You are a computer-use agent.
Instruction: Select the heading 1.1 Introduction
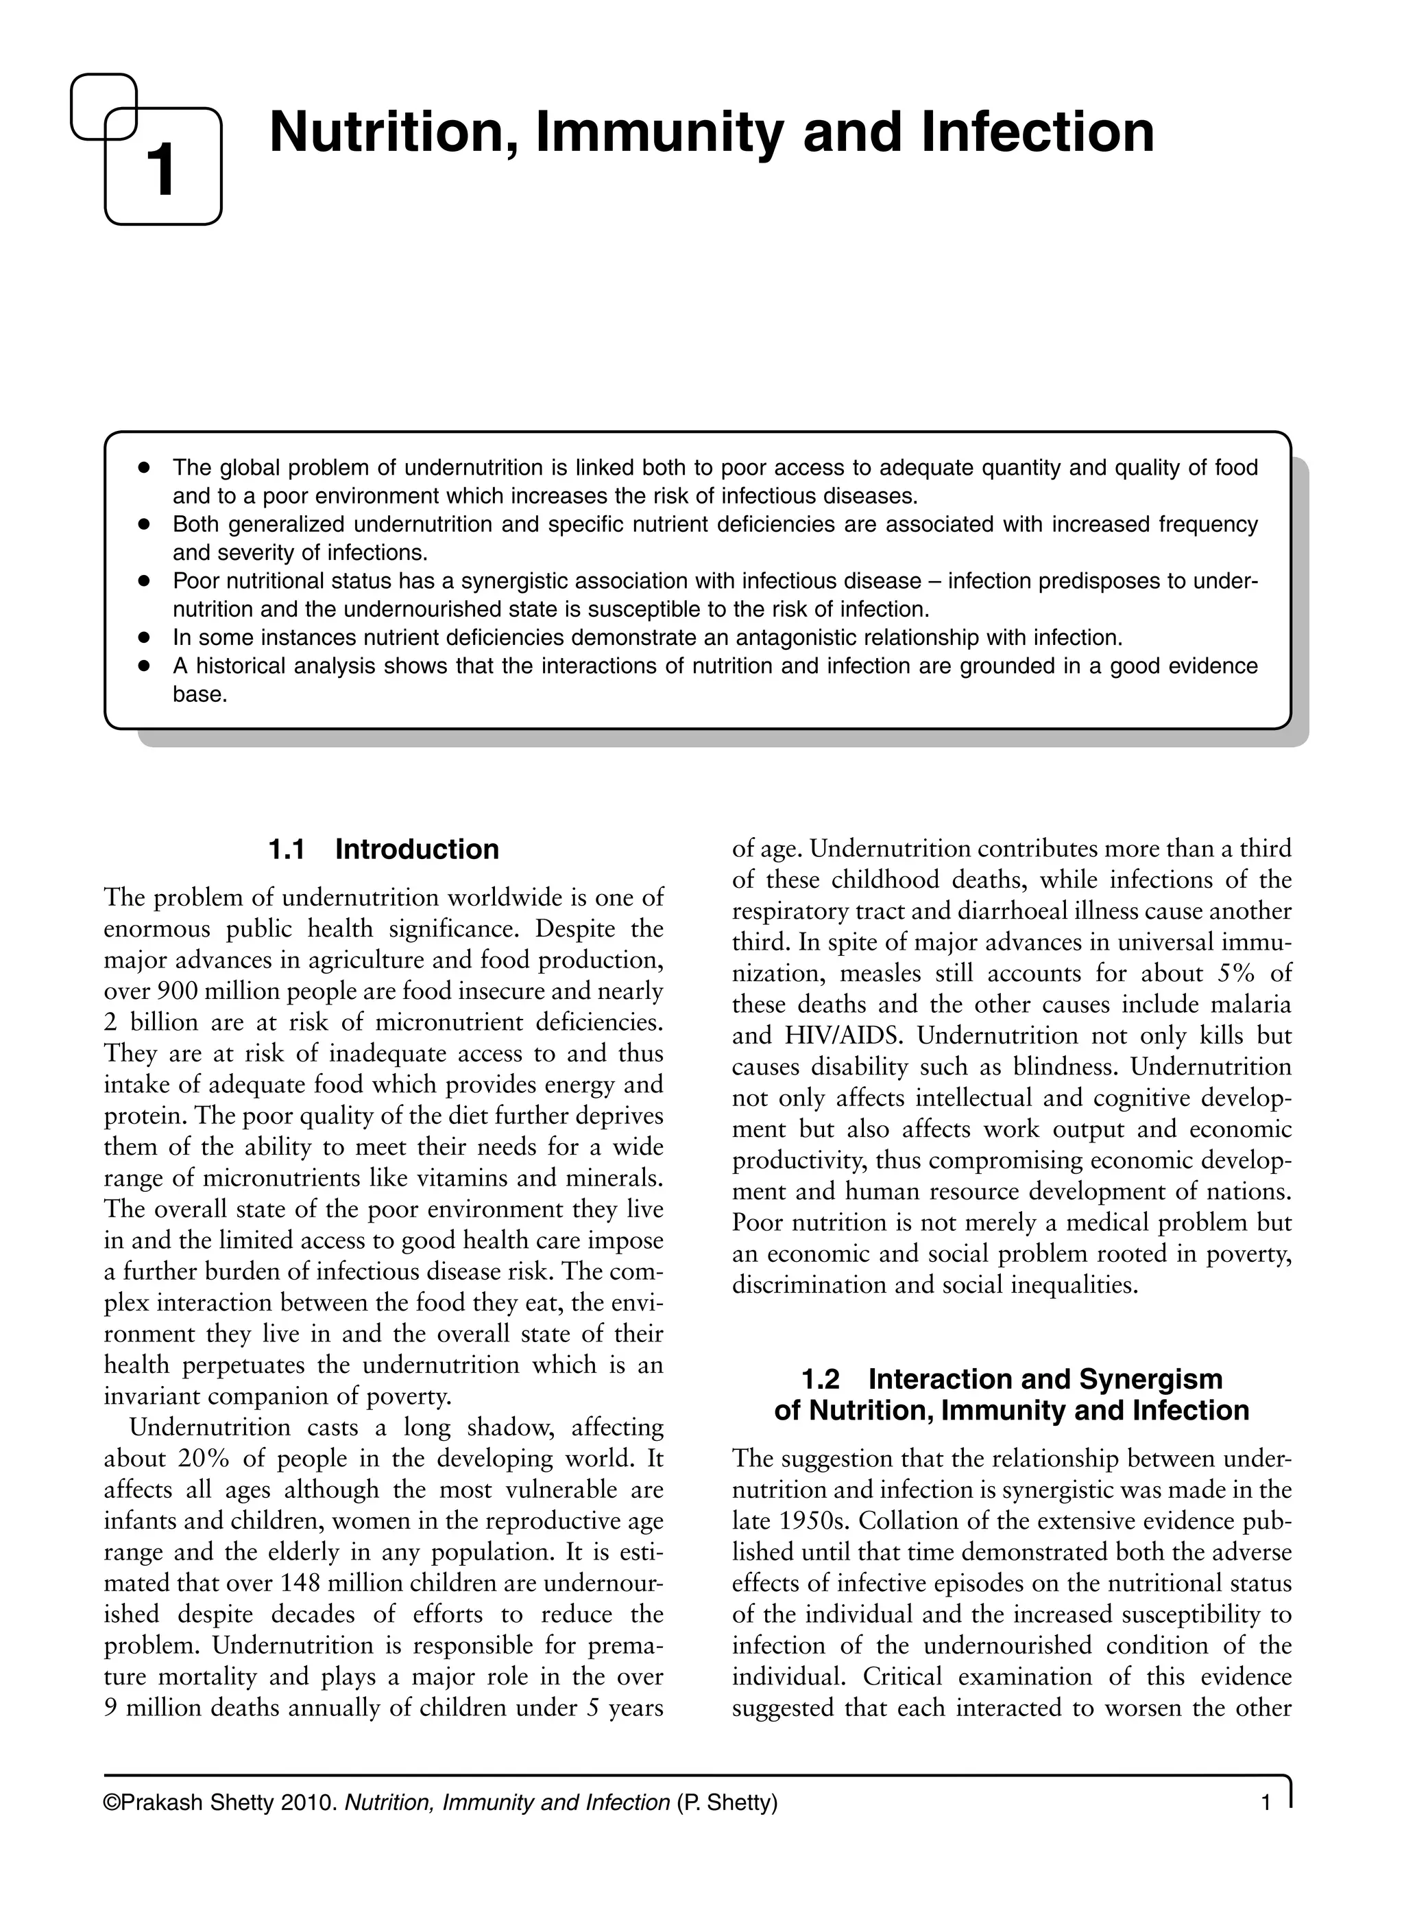point(383,849)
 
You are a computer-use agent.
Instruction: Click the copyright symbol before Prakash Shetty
point(111,1826)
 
